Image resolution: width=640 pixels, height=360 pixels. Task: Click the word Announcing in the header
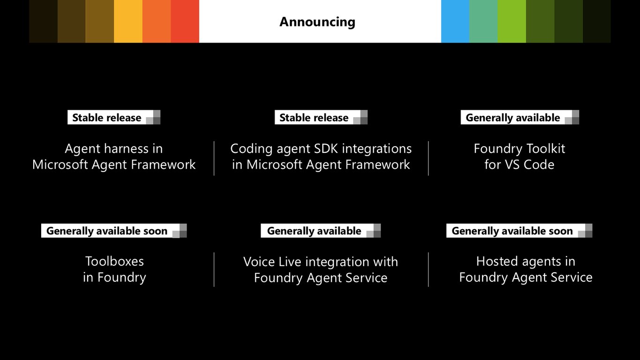pos(317,22)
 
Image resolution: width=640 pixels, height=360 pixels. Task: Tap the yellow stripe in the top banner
pos(128,22)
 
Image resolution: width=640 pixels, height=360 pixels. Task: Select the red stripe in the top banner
pos(185,22)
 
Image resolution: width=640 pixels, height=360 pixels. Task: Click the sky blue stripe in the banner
pos(455,22)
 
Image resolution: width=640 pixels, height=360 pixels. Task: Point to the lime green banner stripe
pos(512,22)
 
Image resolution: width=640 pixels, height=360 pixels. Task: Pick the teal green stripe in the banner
pos(483,22)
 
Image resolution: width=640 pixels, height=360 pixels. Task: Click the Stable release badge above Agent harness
pos(114,117)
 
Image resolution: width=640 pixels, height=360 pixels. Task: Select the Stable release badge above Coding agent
pos(321,117)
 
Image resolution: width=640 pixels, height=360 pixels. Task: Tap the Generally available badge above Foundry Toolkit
pos(520,117)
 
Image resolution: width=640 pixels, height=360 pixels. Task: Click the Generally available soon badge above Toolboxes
pos(114,231)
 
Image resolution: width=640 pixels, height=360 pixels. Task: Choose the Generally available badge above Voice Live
pos(320,231)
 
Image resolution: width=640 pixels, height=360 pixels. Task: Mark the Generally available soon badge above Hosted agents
pos(519,231)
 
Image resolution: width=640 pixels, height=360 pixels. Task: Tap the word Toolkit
pos(546,149)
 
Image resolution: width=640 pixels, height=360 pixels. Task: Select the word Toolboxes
pos(115,262)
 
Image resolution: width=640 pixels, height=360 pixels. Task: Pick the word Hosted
pos(493,262)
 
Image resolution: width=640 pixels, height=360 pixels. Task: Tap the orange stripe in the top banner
pos(156,22)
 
